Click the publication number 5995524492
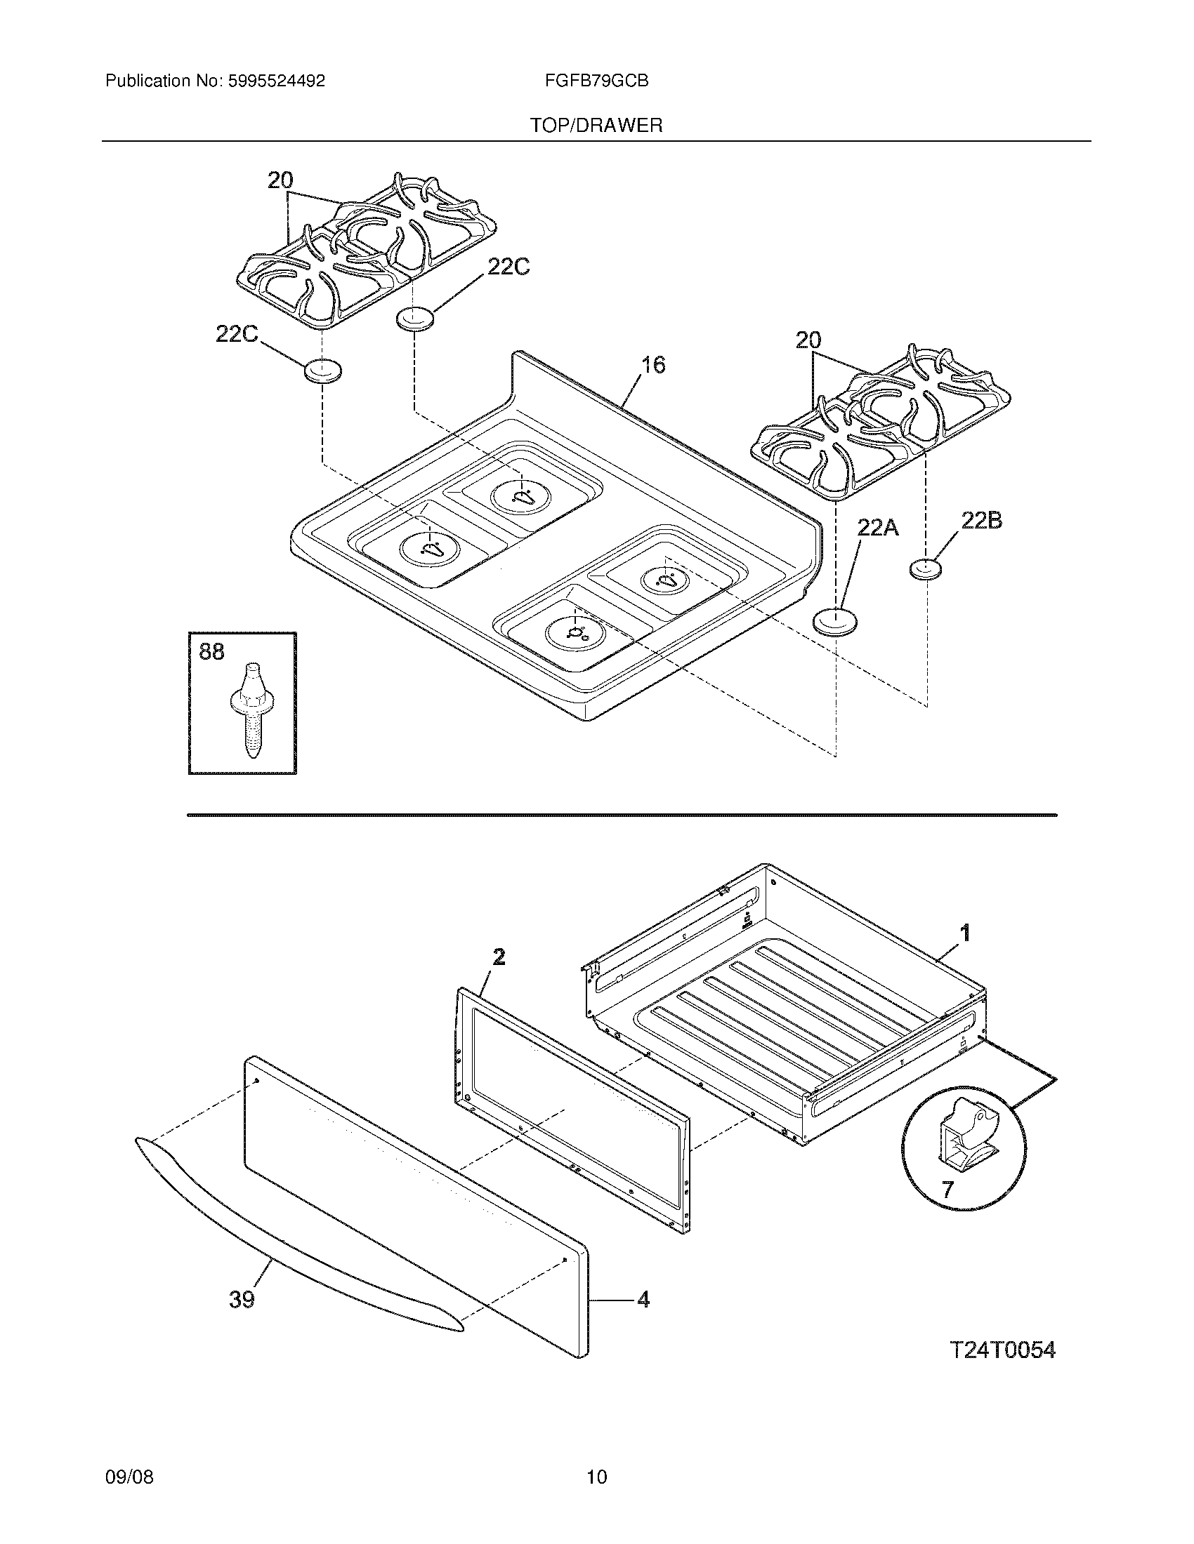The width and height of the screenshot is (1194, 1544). (276, 81)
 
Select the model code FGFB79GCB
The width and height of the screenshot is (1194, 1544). (596, 81)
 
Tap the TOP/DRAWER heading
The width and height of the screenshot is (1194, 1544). (596, 126)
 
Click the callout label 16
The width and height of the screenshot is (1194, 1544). (653, 365)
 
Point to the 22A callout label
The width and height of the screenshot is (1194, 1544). (877, 526)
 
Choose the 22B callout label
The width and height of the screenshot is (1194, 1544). (981, 521)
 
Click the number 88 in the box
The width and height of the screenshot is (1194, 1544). (211, 651)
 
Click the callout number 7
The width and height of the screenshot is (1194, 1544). (947, 1189)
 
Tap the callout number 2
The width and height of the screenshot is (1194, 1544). (499, 957)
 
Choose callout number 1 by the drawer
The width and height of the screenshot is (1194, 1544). (965, 933)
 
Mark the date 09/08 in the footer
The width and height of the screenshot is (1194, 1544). (129, 1476)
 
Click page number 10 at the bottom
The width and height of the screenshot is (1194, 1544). (596, 1476)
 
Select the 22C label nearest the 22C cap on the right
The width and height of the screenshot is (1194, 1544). (508, 267)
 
